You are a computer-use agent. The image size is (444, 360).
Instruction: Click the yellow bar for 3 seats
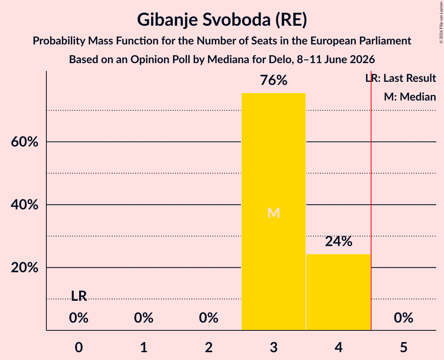tap(274, 212)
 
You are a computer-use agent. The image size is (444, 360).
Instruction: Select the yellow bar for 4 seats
tap(338, 292)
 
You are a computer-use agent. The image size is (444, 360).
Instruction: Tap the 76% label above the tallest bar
tap(274, 80)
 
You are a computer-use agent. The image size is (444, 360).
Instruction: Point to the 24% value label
tap(338, 242)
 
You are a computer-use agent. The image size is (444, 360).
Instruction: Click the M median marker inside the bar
tap(274, 213)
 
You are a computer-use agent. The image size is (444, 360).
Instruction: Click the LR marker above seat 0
tap(79, 296)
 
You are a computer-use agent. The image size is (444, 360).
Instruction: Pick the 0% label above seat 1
tap(143, 318)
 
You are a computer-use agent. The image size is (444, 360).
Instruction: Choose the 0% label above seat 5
tap(403, 318)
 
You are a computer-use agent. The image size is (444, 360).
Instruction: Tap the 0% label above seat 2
tap(209, 318)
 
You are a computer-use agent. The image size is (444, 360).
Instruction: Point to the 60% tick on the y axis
tap(25, 142)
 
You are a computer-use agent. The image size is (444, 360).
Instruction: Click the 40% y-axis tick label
tap(25, 205)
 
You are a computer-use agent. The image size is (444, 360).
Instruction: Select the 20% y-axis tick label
tap(25, 267)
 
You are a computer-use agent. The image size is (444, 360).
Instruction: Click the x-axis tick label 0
tap(79, 347)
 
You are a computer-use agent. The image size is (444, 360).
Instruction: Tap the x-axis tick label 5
tap(403, 347)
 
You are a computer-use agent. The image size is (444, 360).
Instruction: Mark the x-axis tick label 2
tap(209, 347)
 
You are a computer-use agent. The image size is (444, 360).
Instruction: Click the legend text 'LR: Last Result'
tap(401, 78)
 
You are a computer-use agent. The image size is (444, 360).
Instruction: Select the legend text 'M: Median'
tap(410, 97)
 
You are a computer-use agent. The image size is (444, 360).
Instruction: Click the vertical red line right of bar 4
tap(371, 200)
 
